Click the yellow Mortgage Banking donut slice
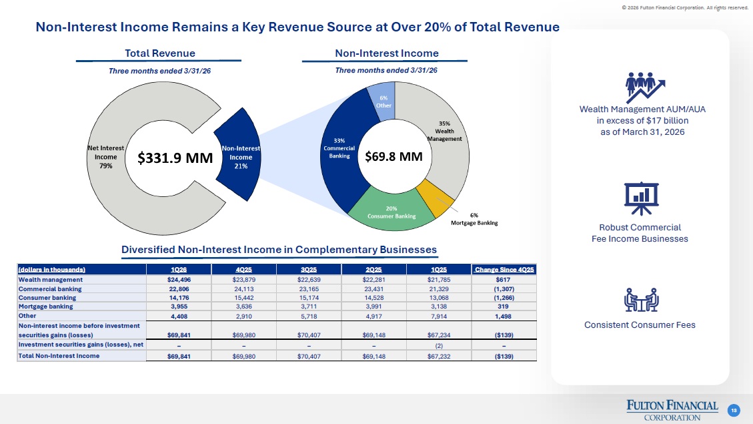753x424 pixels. click(x=434, y=196)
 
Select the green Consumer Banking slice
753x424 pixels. click(x=391, y=212)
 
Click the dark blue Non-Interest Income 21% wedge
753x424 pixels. click(x=239, y=154)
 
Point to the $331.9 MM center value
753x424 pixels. click(x=175, y=158)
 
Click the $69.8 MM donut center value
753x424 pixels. click(x=394, y=157)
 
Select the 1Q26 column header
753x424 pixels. click(x=179, y=269)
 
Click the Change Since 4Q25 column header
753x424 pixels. click(x=504, y=269)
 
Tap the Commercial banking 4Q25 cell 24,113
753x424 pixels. click(x=244, y=289)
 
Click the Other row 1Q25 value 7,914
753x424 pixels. click(x=439, y=316)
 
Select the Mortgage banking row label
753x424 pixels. click(x=45, y=306)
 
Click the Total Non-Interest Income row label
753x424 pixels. click(x=59, y=356)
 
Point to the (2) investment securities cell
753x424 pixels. click(x=439, y=346)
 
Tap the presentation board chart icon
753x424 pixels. click(x=641, y=198)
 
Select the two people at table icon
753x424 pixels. click(x=641, y=300)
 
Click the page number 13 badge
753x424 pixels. click(x=734, y=411)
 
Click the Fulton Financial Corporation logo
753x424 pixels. click(x=672, y=411)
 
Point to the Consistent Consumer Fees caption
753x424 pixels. click(x=640, y=325)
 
